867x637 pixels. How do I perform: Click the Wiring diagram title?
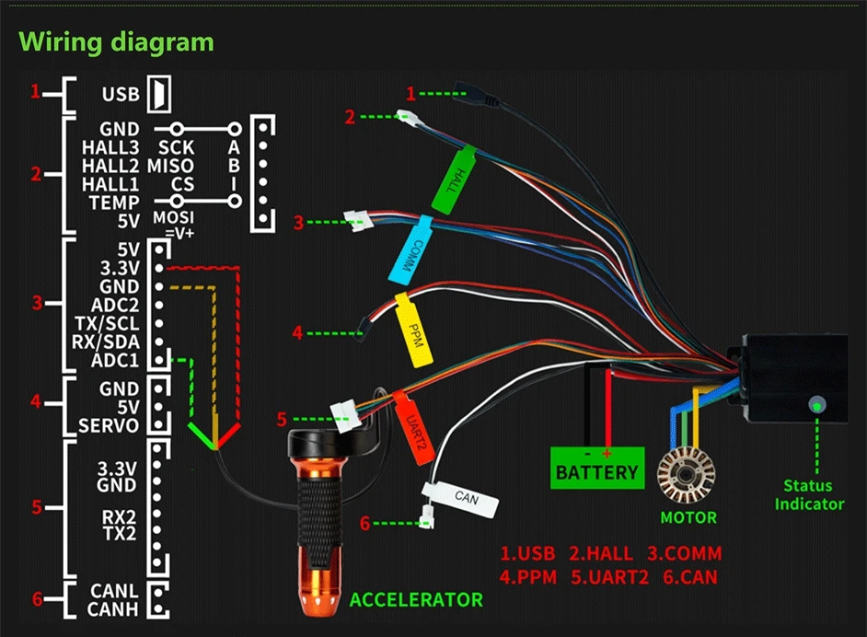tap(116, 42)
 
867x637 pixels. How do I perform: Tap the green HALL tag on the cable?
tap(454, 179)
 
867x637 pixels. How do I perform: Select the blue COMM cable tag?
tap(410, 250)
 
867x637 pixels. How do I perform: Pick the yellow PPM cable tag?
tap(413, 330)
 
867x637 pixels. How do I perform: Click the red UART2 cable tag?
tap(413, 427)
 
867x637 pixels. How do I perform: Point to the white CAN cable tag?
tap(460, 498)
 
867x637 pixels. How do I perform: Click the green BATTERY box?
tap(597, 468)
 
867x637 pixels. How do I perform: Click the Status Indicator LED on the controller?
tap(816, 405)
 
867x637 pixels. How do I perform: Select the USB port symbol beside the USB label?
tap(158, 94)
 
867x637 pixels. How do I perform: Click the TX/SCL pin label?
tap(107, 323)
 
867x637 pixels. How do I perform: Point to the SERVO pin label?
tap(109, 426)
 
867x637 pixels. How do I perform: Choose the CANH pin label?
tap(113, 609)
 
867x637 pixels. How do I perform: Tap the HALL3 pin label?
tap(110, 147)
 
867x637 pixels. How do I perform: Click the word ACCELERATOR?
tap(416, 600)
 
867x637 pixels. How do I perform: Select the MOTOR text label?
tap(688, 517)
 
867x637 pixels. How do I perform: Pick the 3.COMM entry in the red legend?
tap(685, 553)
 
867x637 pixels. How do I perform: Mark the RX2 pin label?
tap(119, 517)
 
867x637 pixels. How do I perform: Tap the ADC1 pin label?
tap(115, 361)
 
